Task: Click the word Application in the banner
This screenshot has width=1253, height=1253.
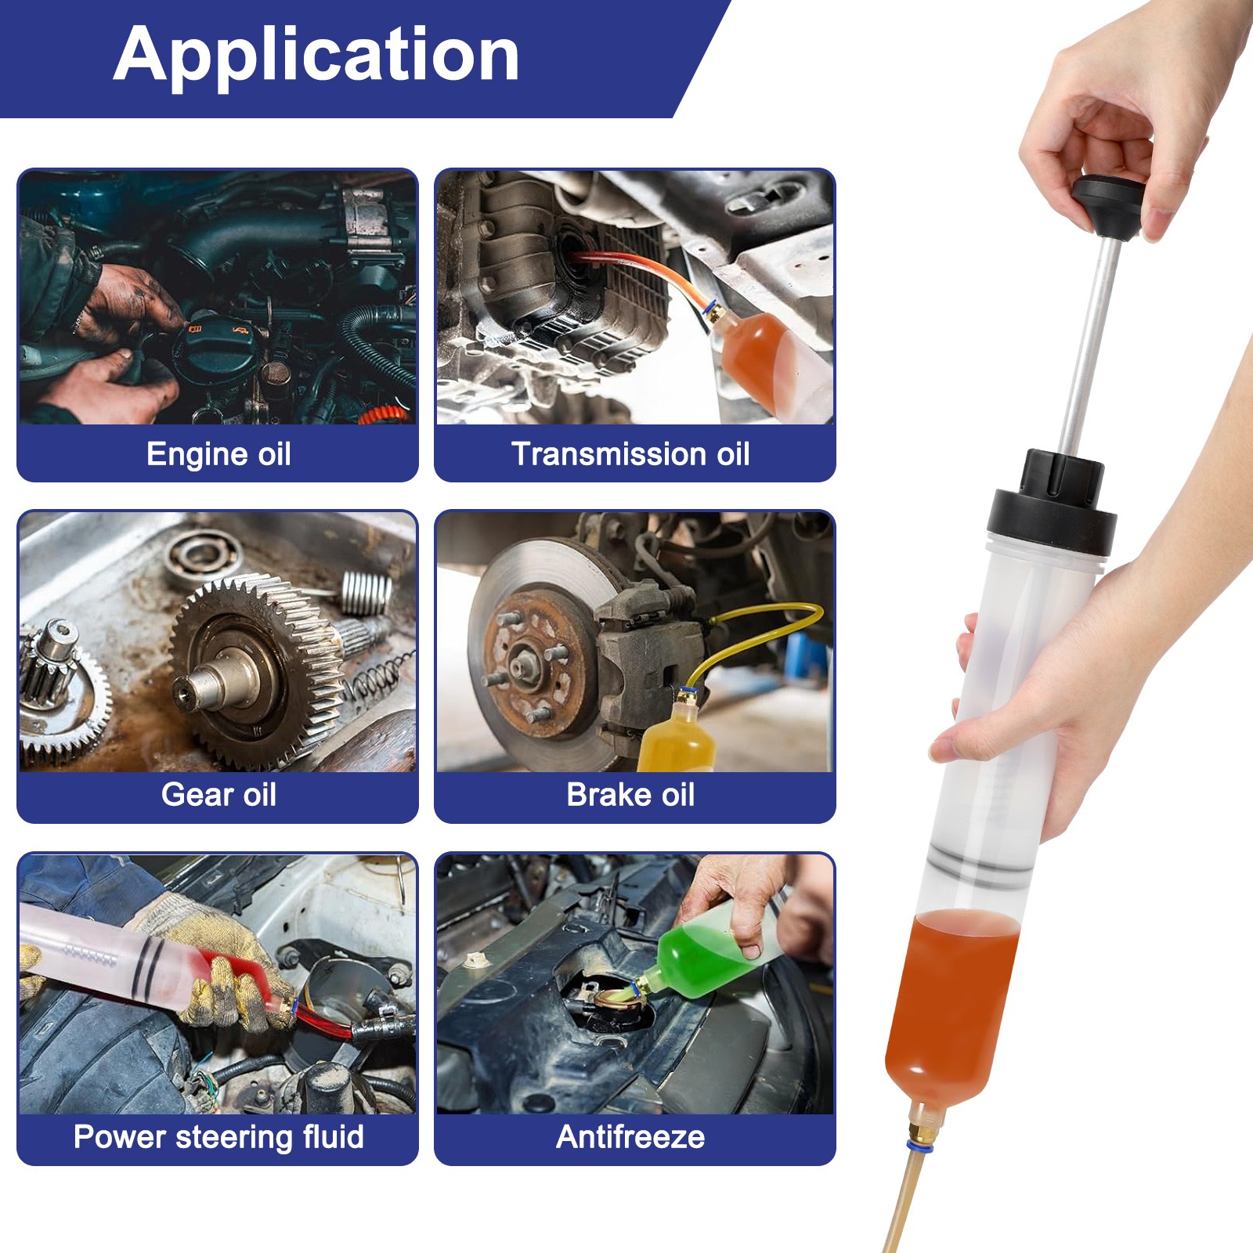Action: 316,55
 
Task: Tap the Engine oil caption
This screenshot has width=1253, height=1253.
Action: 218,454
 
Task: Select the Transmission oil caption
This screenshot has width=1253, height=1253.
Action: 630,454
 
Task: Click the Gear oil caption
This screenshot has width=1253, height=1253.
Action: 218,795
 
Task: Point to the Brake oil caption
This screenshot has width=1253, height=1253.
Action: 630,795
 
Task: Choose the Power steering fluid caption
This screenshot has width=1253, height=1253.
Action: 218,1137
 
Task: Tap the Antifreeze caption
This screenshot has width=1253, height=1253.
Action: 630,1137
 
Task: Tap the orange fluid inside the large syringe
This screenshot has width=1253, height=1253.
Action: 951,1002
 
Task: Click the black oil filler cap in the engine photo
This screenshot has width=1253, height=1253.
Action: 211,352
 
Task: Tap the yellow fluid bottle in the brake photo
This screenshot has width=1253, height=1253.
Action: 675,740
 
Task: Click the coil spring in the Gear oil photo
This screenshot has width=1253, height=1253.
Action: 366,593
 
